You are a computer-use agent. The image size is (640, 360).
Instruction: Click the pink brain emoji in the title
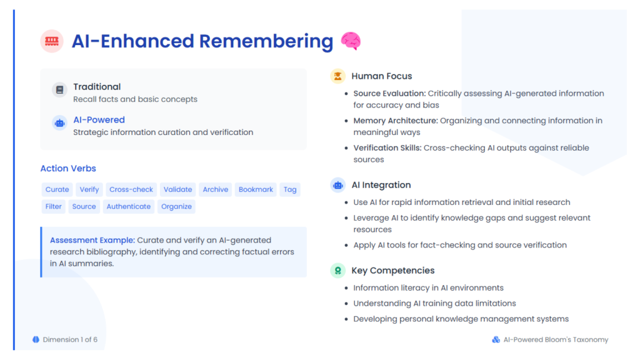(351, 41)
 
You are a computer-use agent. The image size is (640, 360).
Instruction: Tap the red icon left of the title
(52, 41)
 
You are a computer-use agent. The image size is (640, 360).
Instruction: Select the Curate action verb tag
(57, 189)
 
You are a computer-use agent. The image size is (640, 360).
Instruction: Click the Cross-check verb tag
(131, 189)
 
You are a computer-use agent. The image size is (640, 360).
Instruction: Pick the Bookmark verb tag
(256, 189)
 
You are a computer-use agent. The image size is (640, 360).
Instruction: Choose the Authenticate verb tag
(129, 206)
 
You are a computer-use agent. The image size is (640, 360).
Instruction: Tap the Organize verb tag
(176, 206)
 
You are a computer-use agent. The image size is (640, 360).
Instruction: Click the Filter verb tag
(54, 206)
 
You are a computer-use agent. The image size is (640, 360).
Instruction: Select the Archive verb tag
(216, 189)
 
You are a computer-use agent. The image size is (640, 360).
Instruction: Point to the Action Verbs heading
(68, 168)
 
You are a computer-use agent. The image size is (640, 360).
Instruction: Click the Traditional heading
(97, 86)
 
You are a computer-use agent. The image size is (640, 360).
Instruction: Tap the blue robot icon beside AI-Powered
(59, 123)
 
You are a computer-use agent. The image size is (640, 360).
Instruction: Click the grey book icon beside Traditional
(59, 90)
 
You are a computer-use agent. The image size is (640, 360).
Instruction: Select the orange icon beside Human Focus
(337, 76)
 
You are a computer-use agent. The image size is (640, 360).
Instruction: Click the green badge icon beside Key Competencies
(337, 270)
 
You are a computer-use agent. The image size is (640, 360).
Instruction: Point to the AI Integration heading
(381, 185)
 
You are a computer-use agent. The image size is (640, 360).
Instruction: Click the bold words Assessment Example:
(92, 240)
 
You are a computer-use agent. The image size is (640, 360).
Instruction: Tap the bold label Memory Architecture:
(396, 121)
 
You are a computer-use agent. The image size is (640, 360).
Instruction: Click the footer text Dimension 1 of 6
(70, 339)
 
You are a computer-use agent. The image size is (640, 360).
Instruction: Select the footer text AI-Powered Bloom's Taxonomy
(556, 339)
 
